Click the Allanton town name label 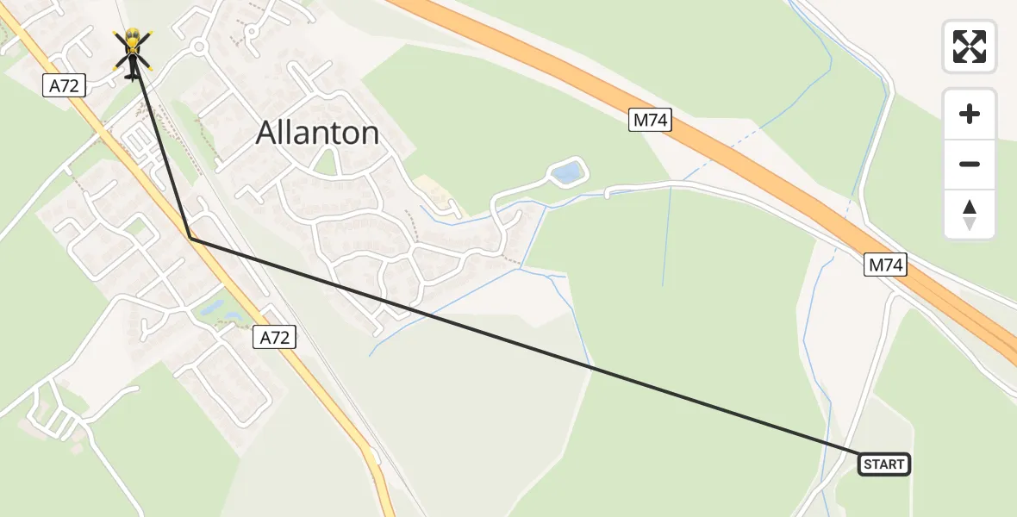pyautogui.click(x=318, y=133)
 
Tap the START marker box pyautogui.click(x=884, y=465)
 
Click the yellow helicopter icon pyautogui.click(x=132, y=47)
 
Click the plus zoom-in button pyautogui.click(x=970, y=114)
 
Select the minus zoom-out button pyautogui.click(x=970, y=164)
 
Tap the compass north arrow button pyautogui.click(x=970, y=215)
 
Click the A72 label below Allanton pyautogui.click(x=275, y=338)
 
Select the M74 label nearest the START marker pyautogui.click(x=885, y=265)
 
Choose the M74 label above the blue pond pyautogui.click(x=650, y=121)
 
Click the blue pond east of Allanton pyautogui.click(x=566, y=174)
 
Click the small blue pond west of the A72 pyautogui.click(x=212, y=308)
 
